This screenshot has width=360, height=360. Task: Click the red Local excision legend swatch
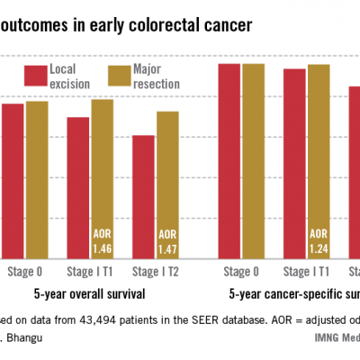click(x=35, y=76)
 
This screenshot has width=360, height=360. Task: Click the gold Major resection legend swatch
click(x=118, y=76)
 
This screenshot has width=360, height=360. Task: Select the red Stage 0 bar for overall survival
click(x=13, y=180)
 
